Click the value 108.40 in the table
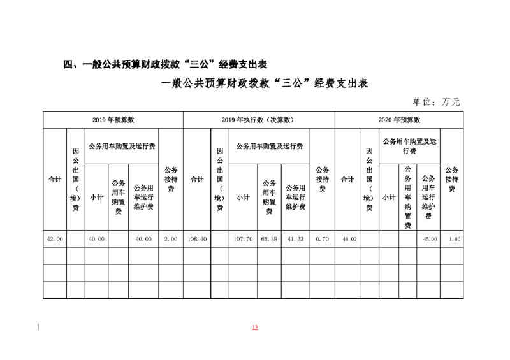tap(197, 239)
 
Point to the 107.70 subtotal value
tap(243, 239)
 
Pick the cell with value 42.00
tap(55, 239)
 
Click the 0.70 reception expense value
tap(322, 239)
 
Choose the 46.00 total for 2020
tap(347, 239)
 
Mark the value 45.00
tap(429, 239)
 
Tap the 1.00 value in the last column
tap(452, 239)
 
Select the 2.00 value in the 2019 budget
tap(171, 239)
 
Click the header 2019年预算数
tap(113, 120)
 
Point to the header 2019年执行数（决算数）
tap(258, 120)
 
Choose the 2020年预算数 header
tap(399, 120)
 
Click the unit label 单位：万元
tap(437, 101)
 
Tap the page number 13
tap(255, 328)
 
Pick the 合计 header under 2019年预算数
tap(55, 180)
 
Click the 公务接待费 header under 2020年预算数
tap(452, 180)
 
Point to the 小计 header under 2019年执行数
tap(243, 198)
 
